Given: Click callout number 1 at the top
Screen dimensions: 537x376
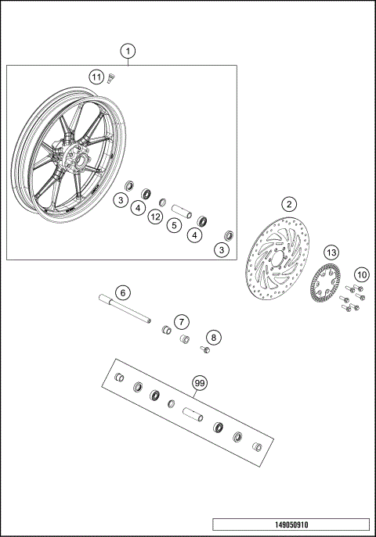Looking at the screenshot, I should [128, 50].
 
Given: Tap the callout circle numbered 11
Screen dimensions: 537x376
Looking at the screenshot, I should [96, 77].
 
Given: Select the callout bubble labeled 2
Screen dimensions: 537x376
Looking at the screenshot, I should [289, 204].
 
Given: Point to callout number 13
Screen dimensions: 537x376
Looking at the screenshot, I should [331, 252].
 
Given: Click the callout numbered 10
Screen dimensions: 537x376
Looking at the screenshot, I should [361, 274].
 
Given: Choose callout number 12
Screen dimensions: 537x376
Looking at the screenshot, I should [156, 216].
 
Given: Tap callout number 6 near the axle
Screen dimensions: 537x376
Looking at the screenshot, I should [122, 292].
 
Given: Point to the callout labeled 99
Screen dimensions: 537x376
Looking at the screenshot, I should [200, 383].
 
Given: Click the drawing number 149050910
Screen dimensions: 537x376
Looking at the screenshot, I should [290, 524].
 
